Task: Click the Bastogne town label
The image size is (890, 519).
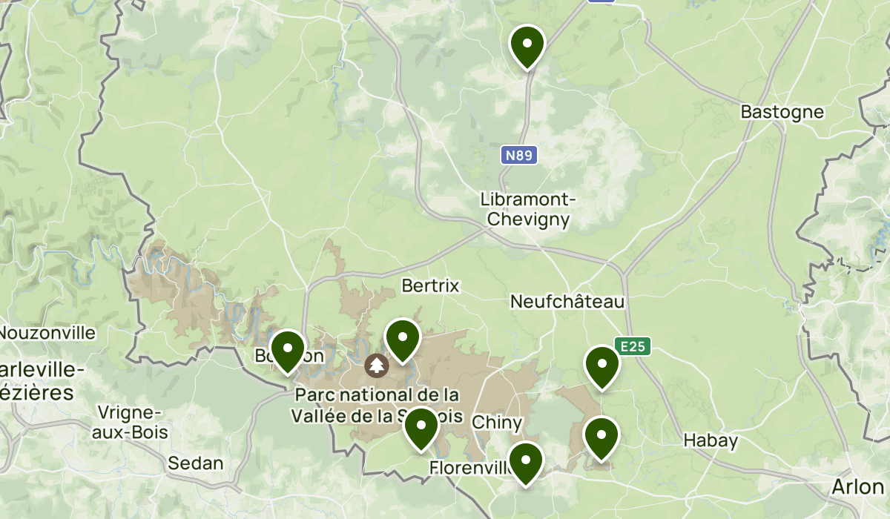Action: [782, 112]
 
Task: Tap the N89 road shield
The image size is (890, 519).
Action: [519, 155]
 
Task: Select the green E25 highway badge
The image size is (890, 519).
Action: [633, 346]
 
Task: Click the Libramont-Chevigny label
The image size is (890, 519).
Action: [525, 210]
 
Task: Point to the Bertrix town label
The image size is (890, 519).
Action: [430, 285]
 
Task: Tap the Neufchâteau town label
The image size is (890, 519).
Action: [567, 302]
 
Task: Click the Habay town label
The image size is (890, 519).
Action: [710, 441]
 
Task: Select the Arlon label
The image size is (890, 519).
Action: [857, 486]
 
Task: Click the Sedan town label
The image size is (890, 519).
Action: [196, 463]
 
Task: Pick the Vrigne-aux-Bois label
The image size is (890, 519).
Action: [130, 423]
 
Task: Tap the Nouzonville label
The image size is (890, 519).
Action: [47, 333]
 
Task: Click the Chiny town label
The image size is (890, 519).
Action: [498, 423]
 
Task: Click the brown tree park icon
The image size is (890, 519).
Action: [377, 365]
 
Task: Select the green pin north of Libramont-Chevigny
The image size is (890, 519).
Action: [527, 46]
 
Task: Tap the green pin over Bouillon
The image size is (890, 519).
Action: [288, 350]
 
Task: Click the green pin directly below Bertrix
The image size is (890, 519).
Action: [403, 340]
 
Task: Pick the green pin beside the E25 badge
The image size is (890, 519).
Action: [601, 366]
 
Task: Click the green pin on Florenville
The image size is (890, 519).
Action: [526, 462]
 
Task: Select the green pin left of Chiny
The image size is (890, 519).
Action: [421, 428]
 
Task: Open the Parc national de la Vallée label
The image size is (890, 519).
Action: [376, 406]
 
